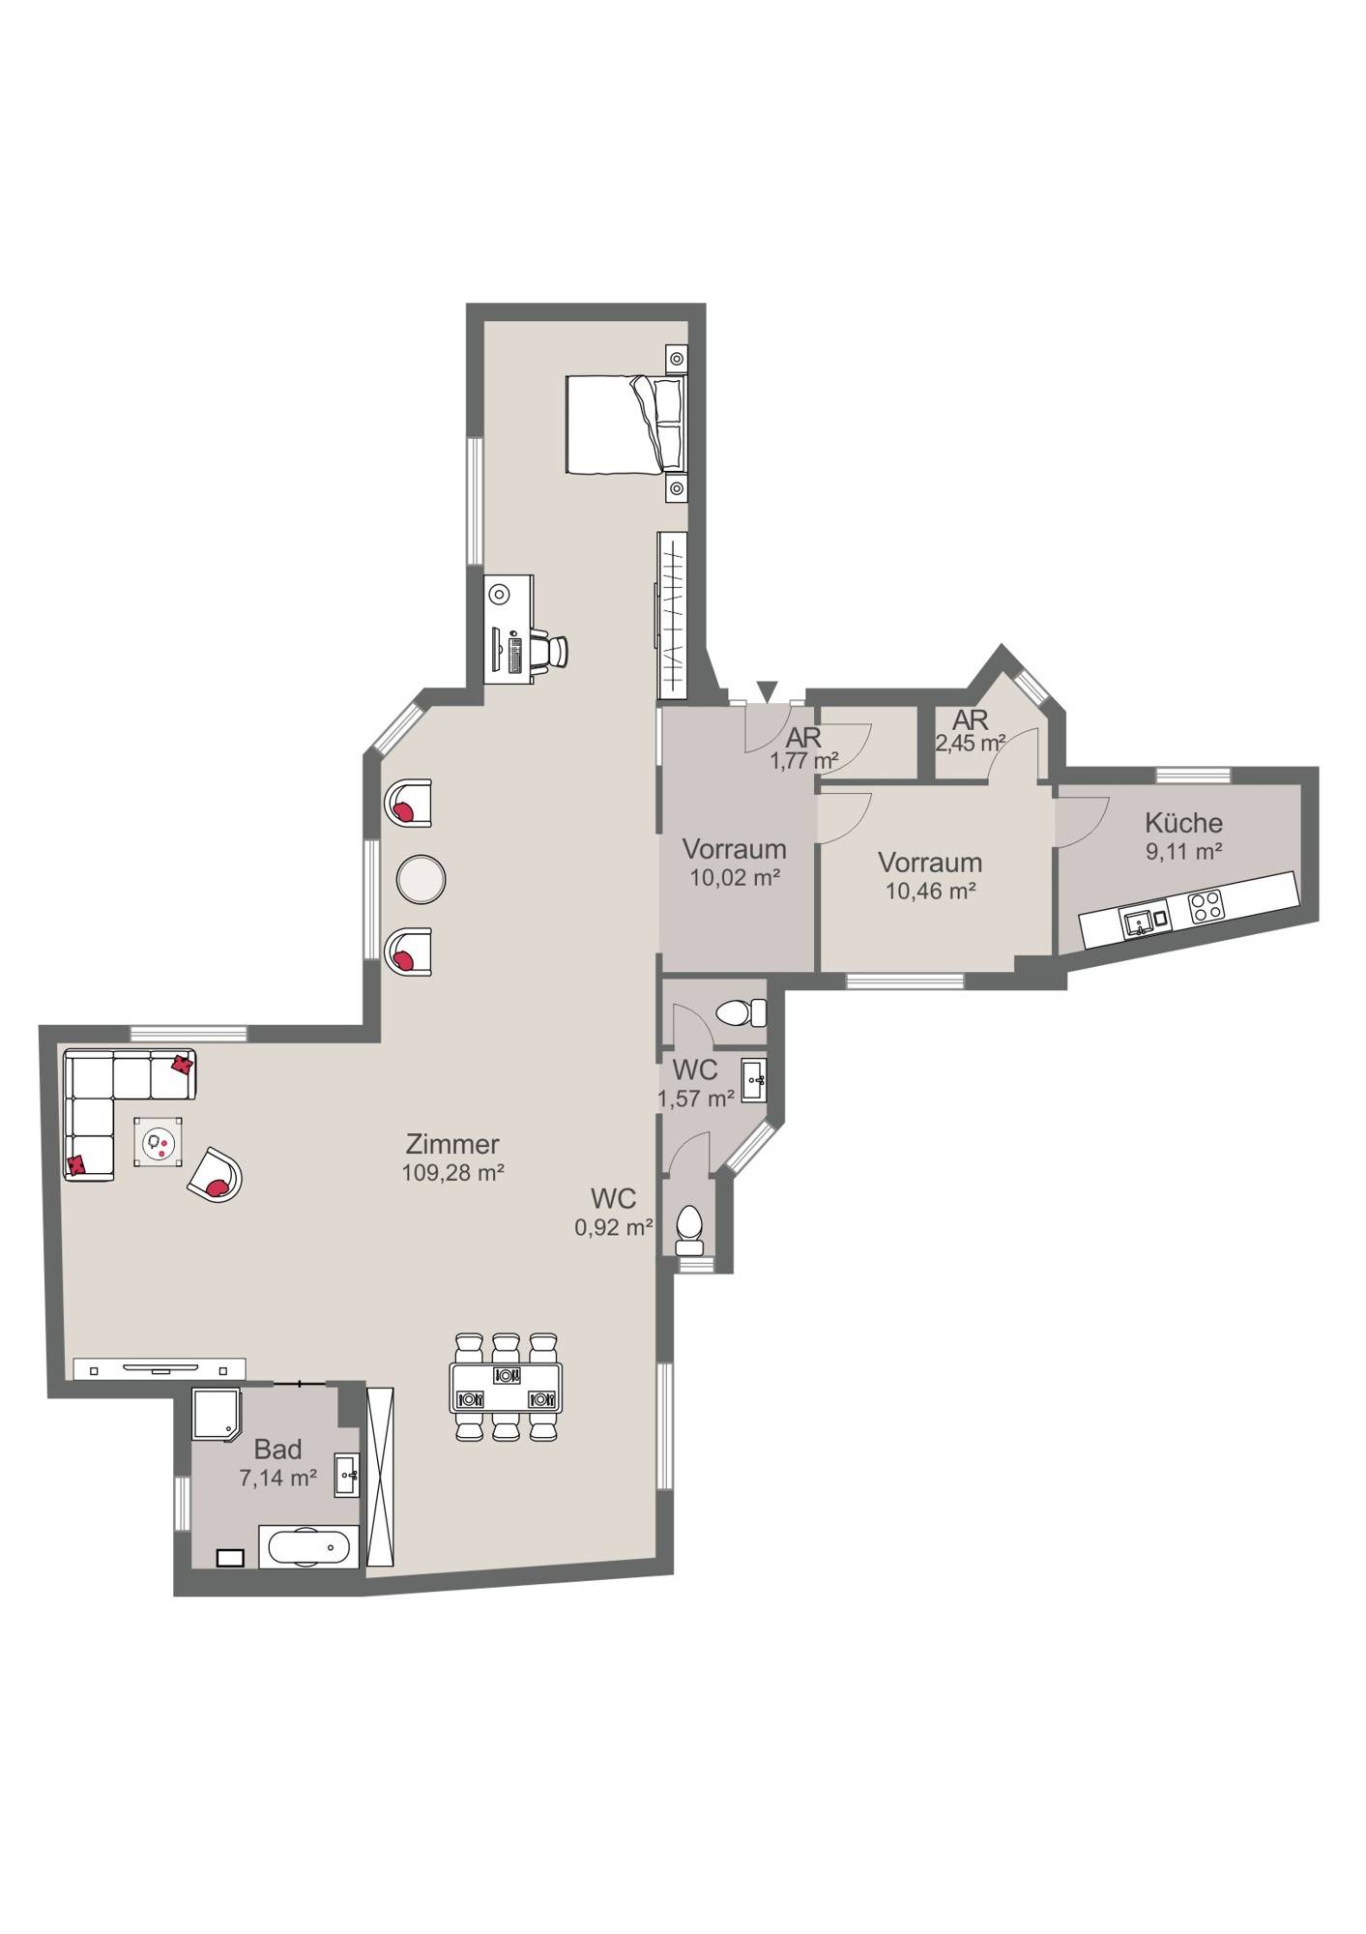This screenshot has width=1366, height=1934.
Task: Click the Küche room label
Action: pos(1183,823)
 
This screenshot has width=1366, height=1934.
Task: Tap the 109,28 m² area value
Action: pos(453,1172)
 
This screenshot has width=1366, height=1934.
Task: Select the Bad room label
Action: pos(278,1450)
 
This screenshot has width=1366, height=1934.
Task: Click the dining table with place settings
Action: pos(506,1388)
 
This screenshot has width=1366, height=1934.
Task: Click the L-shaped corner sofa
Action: pos(114,1098)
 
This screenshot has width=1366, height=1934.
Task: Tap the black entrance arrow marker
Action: pos(767,690)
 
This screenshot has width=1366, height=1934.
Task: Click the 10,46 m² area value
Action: pos(930,891)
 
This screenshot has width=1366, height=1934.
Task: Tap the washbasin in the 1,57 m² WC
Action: pos(754,1080)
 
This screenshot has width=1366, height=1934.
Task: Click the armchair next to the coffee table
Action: pos(215,1175)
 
